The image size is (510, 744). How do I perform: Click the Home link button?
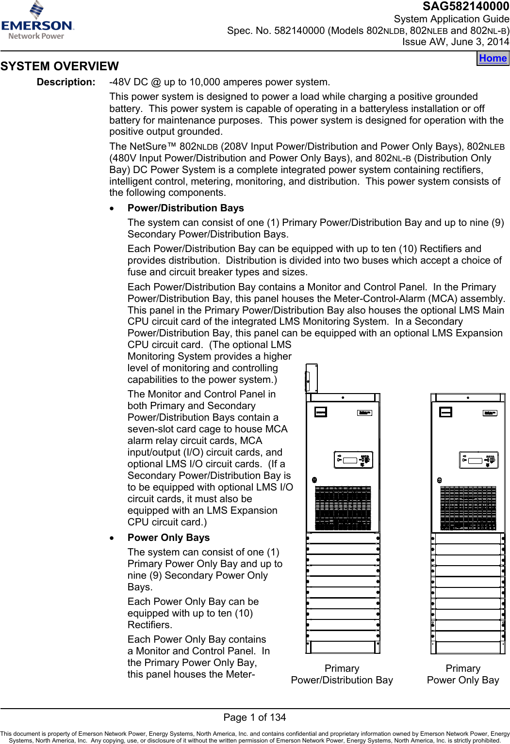[x=493, y=58]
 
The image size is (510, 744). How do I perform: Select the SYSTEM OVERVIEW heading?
[x=59, y=66]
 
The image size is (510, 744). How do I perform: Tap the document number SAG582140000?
[x=465, y=6]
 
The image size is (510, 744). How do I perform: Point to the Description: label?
[x=66, y=82]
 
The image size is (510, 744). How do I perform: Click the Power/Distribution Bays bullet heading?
[x=185, y=208]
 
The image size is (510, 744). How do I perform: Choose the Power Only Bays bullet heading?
[x=168, y=538]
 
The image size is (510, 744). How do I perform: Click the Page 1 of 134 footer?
[x=255, y=717]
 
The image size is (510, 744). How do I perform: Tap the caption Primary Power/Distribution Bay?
[x=342, y=674]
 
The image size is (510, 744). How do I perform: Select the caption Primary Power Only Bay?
[x=463, y=674]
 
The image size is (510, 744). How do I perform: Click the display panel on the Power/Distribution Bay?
[x=353, y=460]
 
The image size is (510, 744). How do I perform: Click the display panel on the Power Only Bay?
[x=478, y=460]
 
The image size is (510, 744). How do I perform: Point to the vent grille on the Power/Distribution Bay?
[x=343, y=508]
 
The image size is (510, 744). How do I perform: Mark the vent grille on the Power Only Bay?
[x=468, y=508]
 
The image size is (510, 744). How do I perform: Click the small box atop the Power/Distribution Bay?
[x=312, y=378]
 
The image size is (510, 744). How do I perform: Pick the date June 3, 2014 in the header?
[x=480, y=42]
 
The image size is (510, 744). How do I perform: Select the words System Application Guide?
[x=451, y=19]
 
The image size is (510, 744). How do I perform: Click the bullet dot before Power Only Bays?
[x=113, y=538]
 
